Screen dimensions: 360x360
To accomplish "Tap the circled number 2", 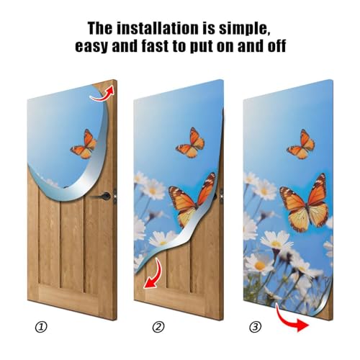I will tap(159, 326).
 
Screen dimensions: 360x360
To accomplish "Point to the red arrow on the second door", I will tap(153, 278).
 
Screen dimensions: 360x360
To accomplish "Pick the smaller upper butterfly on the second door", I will tap(192, 143).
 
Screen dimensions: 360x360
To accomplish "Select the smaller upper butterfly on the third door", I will tap(301, 145).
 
